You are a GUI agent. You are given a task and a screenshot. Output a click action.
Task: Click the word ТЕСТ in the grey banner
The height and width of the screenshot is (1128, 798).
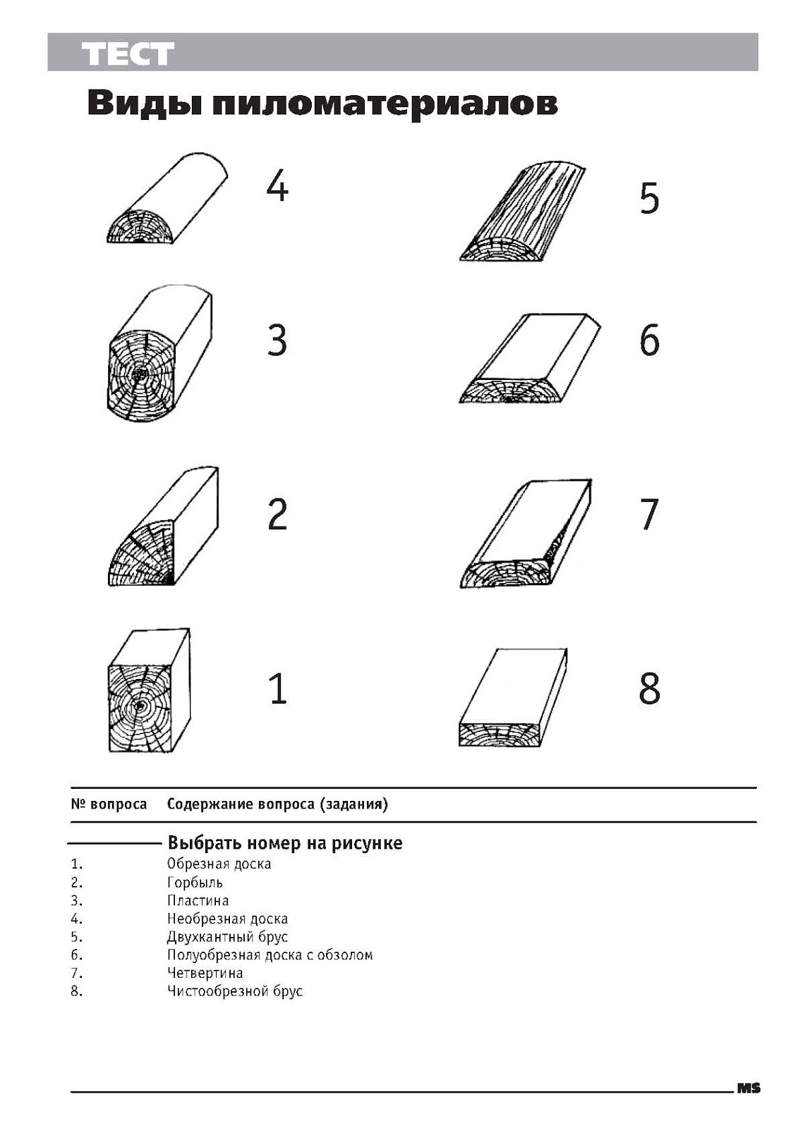pyautogui.click(x=128, y=54)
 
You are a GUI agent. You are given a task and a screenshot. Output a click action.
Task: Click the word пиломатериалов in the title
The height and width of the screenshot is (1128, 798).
pyautogui.click(x=385, y=103)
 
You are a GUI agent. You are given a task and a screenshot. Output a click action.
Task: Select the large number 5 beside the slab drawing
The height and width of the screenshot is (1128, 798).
pyautogui.click(x=649, y=198)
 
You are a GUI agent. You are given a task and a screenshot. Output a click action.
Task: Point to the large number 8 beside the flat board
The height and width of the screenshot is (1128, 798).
pyautogui.click(x=649, y=688)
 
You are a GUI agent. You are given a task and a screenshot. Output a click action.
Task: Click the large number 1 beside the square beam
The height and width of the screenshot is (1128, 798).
pyautogui.click(x=279, y=689)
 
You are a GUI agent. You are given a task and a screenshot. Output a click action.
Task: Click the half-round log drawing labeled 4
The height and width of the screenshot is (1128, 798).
pyautogui.click(x=166, y=201)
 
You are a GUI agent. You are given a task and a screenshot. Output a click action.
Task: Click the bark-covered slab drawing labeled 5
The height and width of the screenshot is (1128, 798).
pyautogui.click(x=522, y=215)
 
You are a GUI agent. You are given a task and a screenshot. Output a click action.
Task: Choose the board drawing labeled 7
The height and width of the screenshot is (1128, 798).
pyautogui.click(x=526, y=536)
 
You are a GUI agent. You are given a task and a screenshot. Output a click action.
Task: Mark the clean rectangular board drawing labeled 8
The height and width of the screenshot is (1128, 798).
pyautogui.click(x=512, y=698)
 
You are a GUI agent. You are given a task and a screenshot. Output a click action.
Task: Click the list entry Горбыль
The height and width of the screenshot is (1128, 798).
pyautogui.click(x=195, y=883)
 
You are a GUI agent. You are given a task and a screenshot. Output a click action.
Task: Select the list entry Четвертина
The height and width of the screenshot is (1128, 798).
pyautogui.click(x=205, y=973)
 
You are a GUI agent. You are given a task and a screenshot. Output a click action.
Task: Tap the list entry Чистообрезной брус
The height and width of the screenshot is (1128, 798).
pyautogui.click(x=234, y=991)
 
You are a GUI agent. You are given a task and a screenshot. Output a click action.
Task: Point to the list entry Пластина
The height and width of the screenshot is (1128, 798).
pyautogui.click(x=198, y=901)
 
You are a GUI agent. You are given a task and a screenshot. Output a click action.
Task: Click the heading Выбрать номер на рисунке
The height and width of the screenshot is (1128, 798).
pyautogui.click(x=284, y=843)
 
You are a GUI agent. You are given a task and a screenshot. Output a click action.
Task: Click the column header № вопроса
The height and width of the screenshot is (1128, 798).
pyautogui.click(x=109, y=804)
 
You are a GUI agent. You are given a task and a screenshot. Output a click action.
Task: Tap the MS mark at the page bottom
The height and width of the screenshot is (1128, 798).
pyautogui.click(x=749, y=1089)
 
